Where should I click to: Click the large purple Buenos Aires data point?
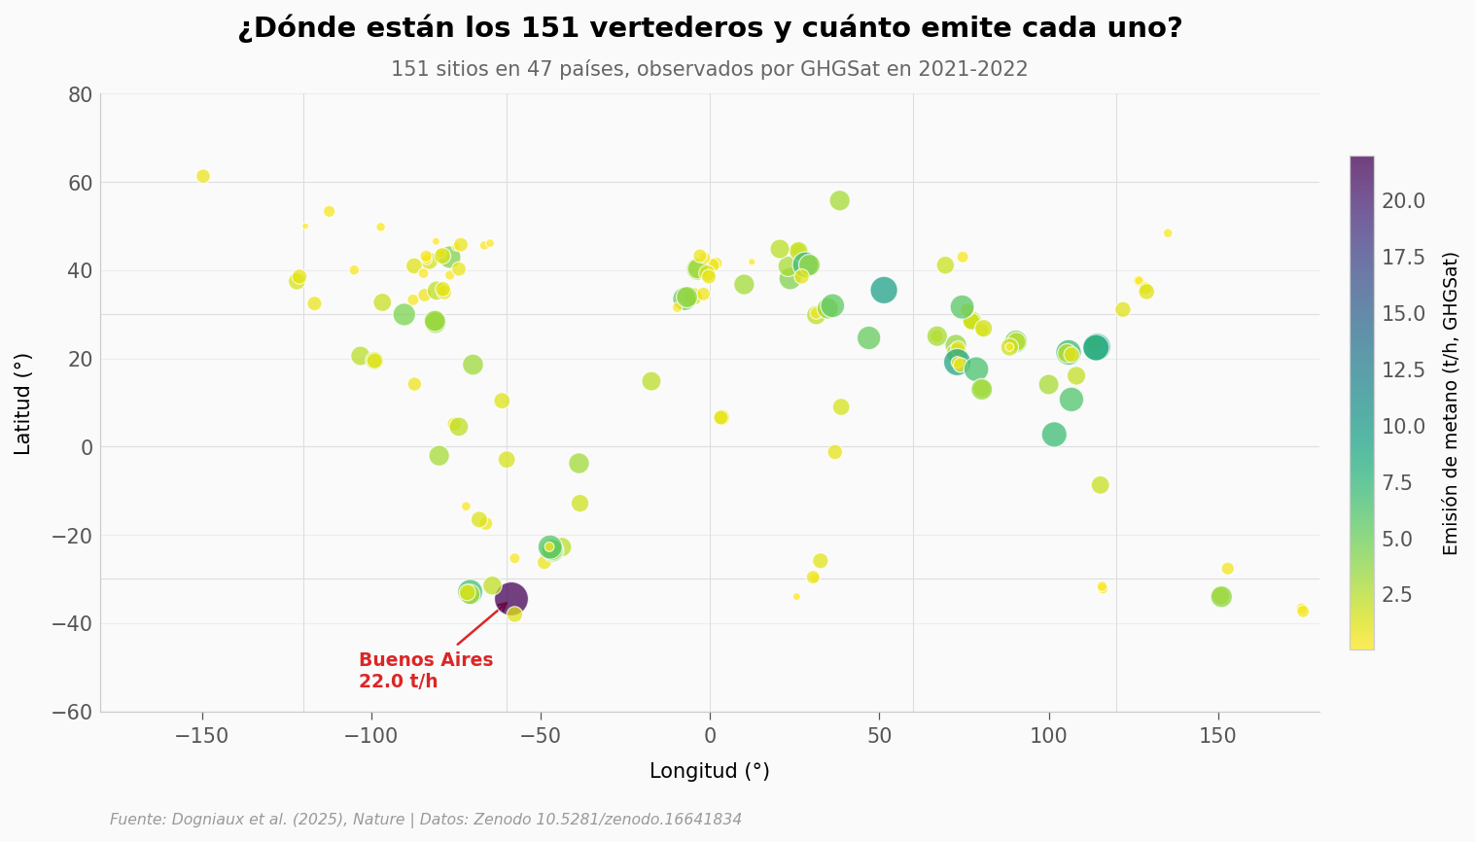click(510, 599)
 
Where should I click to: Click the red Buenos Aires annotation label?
click(426, 660)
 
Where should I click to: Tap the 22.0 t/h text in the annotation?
click(398, 682)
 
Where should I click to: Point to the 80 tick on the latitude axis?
click(80, 94)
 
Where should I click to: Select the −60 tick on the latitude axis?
click(73, 712)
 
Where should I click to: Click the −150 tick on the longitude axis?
click(201, 737)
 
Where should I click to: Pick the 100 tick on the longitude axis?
click(1048, 737)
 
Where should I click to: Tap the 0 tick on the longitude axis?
click(710, 737)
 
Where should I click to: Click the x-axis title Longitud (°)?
click(709, 772)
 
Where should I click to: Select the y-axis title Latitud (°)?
click(23, 403)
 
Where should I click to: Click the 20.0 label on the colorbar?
click(1403, 201)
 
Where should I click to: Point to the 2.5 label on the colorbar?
click(1397, 595)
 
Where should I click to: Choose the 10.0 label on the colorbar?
click(1403, 426)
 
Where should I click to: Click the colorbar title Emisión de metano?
click(1451, 403)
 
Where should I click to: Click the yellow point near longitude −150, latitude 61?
click(203, 176)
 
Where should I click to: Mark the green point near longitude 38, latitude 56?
click(839, 200)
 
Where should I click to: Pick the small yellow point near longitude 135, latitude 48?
click(1168, 233)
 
